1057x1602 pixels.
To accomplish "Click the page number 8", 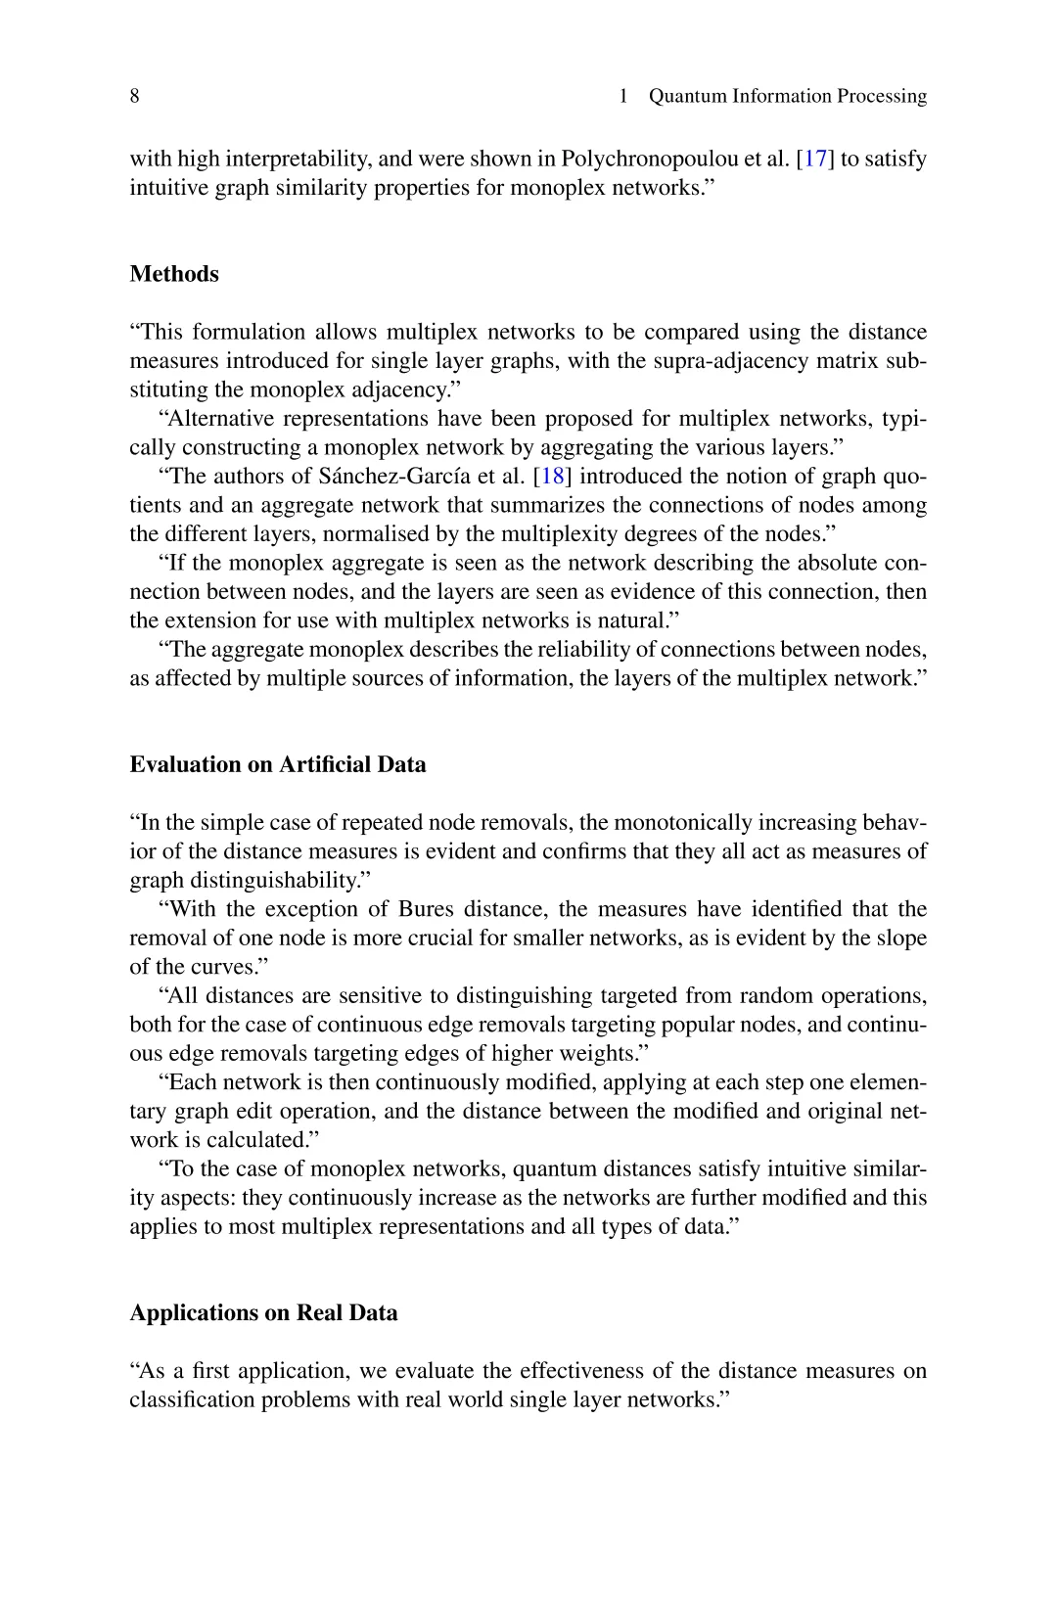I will tap(135, 96).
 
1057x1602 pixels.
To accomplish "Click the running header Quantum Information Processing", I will tap(787, 96).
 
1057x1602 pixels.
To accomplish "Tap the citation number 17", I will tap(815, 159).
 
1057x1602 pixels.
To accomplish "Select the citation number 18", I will tap(553, 477).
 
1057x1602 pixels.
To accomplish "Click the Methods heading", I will tap(174, 274).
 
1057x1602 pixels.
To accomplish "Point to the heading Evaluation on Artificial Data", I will tap(278, 764).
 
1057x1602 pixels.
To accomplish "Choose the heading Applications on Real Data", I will tap(263, 1312).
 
